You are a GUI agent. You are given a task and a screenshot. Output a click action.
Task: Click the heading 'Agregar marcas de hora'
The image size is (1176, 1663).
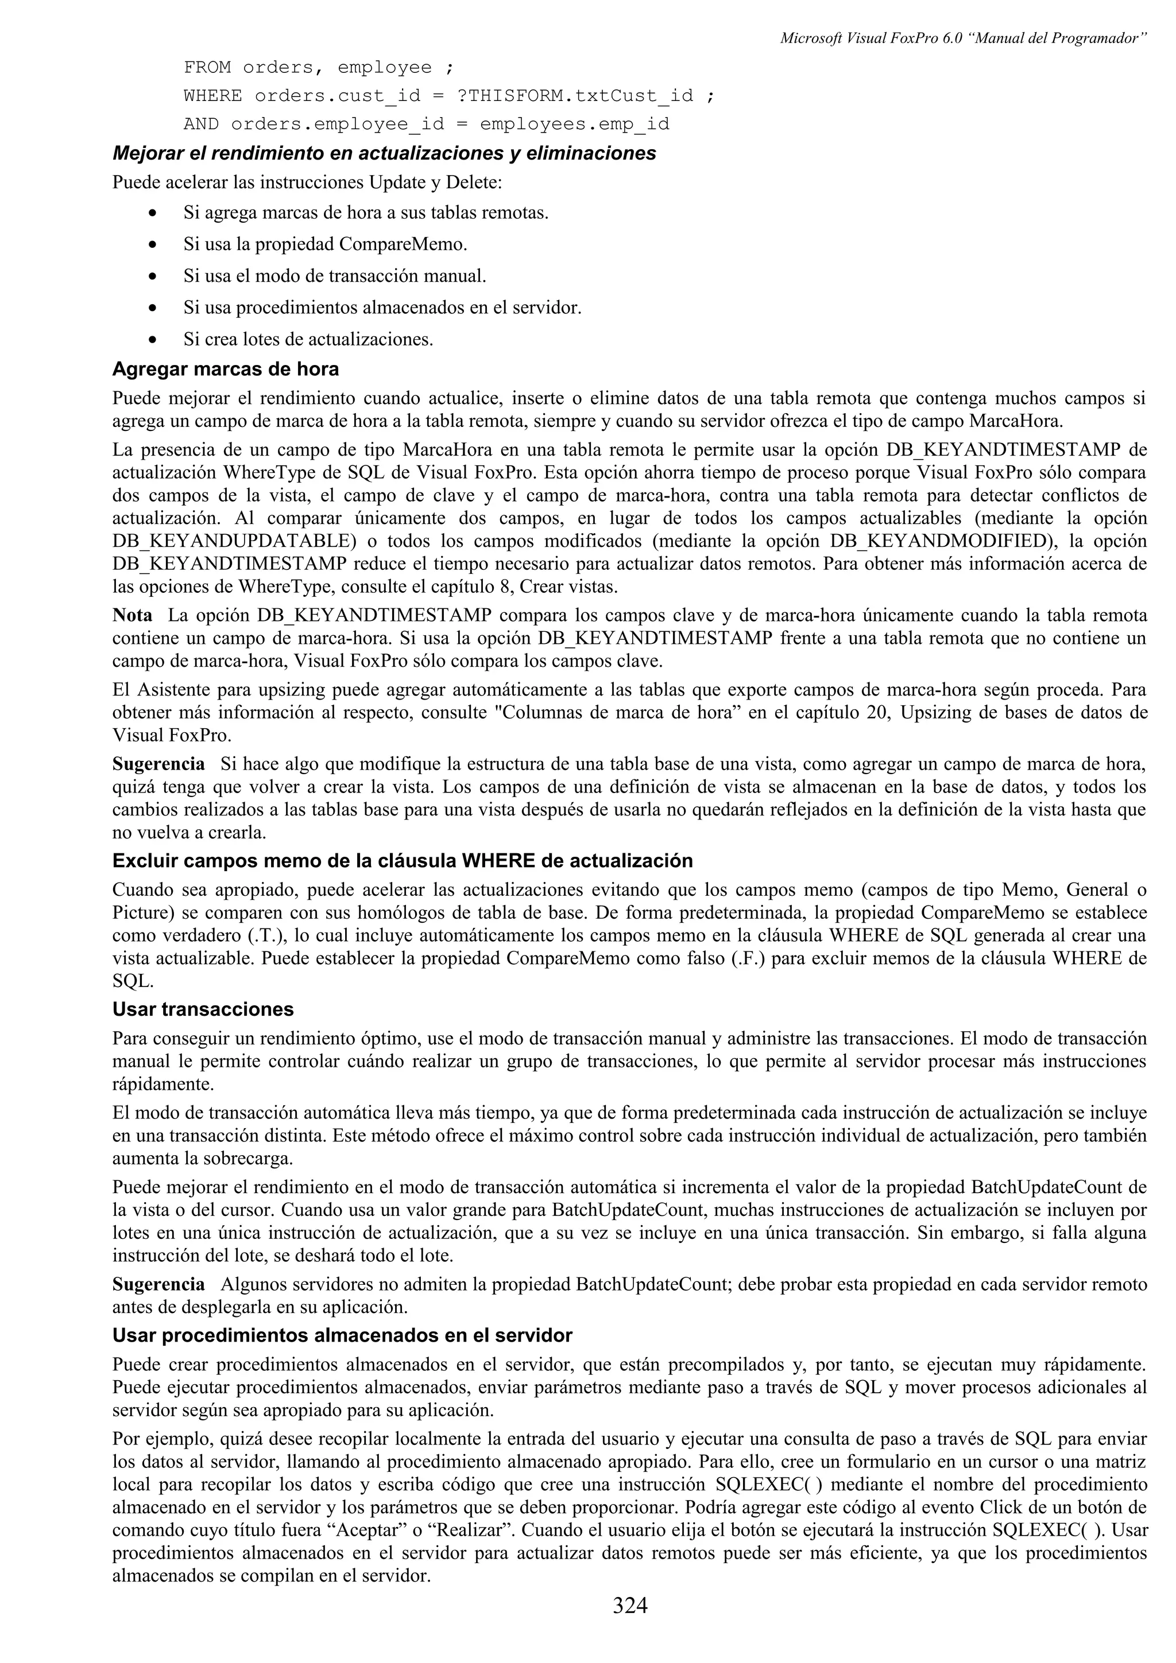pos(225,370)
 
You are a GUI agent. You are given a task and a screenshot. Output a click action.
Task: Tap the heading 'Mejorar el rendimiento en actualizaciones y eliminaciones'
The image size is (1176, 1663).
pos(384,154)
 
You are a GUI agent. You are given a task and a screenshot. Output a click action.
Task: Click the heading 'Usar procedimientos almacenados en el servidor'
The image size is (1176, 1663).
pos(342,1335)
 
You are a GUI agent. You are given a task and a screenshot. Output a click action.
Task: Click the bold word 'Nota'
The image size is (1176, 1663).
pos(132,616)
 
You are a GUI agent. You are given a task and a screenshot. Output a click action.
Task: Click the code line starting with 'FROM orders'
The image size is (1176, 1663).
pos(319,68)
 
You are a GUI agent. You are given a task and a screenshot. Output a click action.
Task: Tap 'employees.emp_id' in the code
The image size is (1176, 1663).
pos(575,124)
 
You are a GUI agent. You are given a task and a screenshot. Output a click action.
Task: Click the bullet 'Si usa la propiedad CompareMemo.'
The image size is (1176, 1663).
pos(326,244)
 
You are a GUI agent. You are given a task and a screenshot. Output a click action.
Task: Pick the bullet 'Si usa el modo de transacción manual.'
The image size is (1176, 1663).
pos(335,276)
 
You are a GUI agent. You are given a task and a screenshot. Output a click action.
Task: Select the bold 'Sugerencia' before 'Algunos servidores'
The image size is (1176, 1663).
pos(158,1285)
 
